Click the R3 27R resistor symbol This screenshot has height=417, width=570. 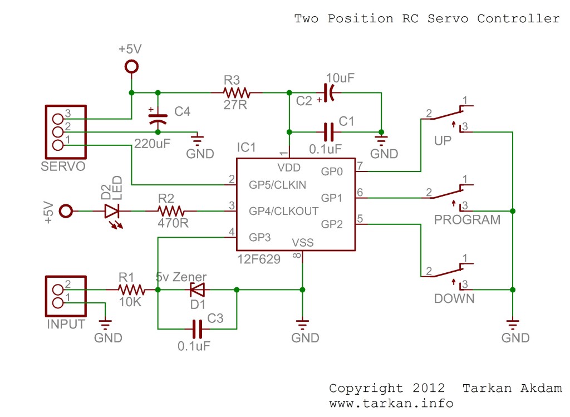(237, 92)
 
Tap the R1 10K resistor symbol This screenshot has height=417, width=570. (131, 290)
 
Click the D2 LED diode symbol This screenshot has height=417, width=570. (112, 211)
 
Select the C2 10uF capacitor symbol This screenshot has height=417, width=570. (328, 92)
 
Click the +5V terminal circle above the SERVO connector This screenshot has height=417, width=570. (131, 67)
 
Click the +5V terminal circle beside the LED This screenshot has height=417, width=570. (66, 211)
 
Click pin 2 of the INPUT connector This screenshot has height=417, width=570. (57, 290)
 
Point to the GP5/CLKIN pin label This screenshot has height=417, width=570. (277, 185)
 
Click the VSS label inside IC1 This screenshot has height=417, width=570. (303, 243)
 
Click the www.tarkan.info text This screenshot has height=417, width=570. (391, 403)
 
